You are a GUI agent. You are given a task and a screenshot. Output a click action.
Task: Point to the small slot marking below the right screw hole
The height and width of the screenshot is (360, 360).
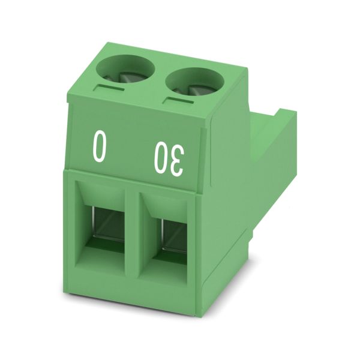point(179,100)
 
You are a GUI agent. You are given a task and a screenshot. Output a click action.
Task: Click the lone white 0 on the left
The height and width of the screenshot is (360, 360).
point(100,146)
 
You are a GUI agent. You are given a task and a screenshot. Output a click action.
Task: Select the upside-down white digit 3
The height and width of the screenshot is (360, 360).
point(176,161)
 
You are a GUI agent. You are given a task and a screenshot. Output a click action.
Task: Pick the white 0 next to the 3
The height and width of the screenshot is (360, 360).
point(161,158)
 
